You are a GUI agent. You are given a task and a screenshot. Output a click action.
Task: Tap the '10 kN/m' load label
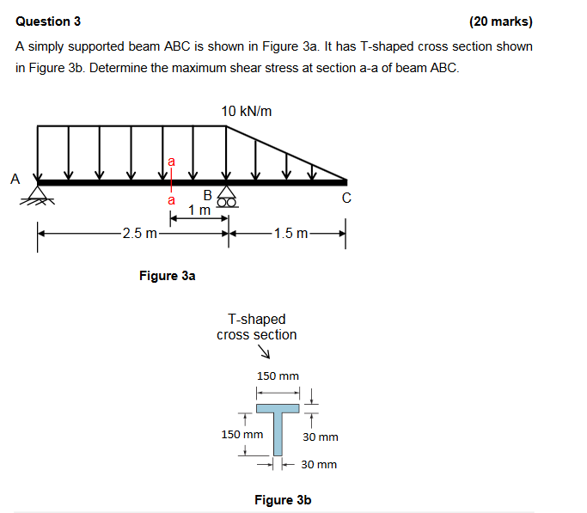247,111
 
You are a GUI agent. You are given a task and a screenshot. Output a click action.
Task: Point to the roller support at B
227,197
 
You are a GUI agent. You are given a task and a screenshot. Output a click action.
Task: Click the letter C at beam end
346,198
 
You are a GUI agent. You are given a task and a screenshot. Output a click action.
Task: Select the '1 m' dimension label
199,211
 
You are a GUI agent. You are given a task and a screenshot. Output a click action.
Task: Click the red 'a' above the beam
171,160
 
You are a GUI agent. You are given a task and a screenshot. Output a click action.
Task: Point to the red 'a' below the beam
171,199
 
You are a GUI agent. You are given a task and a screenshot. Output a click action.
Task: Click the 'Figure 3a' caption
167,276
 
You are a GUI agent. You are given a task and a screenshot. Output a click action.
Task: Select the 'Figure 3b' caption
283,499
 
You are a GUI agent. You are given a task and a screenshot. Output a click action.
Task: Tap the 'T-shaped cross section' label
256,327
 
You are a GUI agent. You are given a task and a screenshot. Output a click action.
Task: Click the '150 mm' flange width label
278,376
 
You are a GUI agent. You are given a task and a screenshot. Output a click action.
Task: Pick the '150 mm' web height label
242,435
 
